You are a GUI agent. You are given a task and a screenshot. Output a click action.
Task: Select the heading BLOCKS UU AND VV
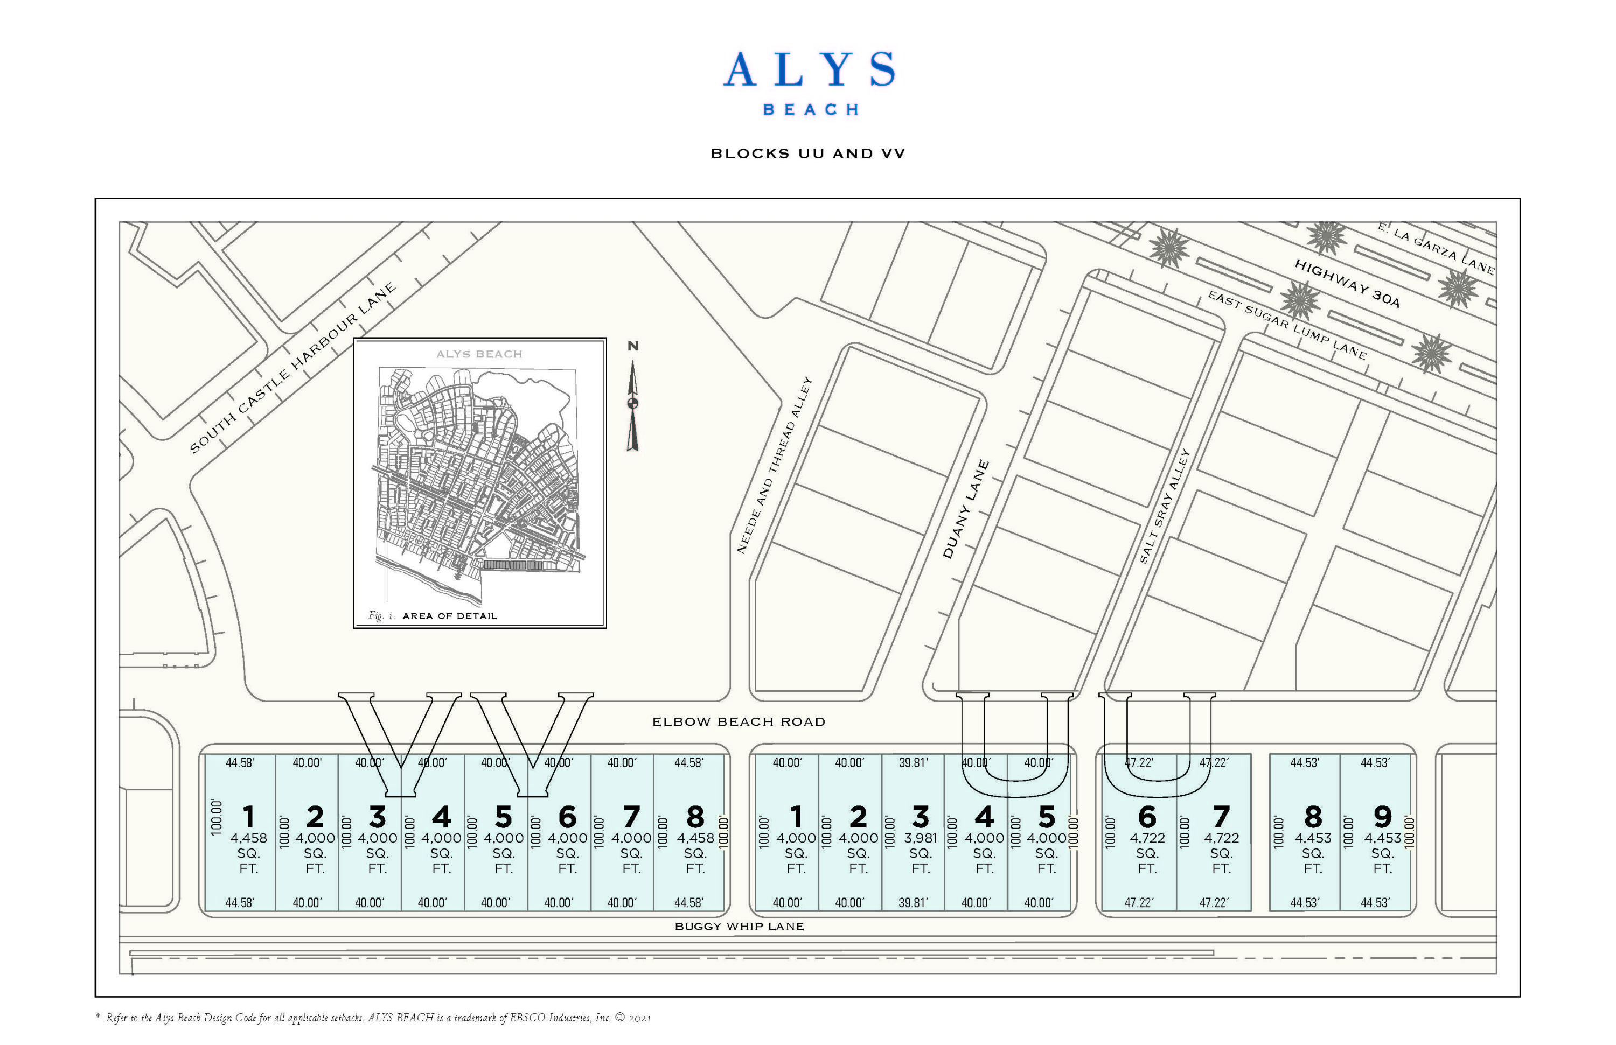click(x=808, y=154)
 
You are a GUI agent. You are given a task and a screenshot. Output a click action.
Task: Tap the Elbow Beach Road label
click(x=739, y=722)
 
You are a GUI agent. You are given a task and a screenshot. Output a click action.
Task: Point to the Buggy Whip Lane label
click(x=740, y=926)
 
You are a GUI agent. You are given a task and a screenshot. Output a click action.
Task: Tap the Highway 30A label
click(x=1347, y=284)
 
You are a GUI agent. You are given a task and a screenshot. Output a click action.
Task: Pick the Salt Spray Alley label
click(x=1165, y=506)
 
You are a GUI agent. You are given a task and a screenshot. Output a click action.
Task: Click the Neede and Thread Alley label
click(x=775, y=466)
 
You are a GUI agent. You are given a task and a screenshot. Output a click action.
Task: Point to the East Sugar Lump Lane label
click(x=1287, y=324)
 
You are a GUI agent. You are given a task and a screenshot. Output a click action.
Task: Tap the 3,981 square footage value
click(x=920, y=838)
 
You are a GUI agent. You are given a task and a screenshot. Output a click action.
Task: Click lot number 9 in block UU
click(x=1382, y=816)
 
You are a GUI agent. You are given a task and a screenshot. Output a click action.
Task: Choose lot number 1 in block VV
click(x=248, y=816)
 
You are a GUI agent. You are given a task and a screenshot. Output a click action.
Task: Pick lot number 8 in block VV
click(x=694, y=816)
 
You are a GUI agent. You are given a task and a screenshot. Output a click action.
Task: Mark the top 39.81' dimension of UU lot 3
click(x=913, y=763)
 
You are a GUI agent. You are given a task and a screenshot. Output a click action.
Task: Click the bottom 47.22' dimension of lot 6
click(x=1139, y=902)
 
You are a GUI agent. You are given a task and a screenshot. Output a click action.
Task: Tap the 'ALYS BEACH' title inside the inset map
click(x=479, y=354)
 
